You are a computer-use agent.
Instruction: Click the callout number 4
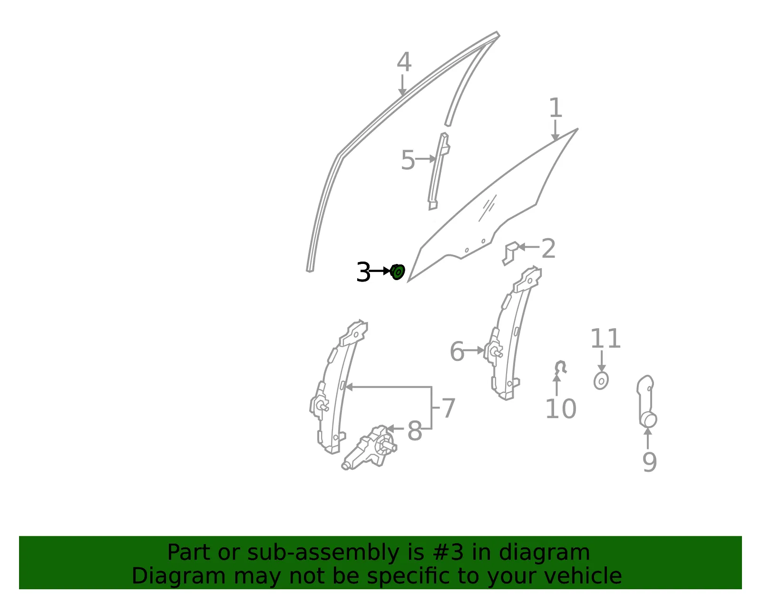point(404,62)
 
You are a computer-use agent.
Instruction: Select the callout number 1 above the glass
point(556,107)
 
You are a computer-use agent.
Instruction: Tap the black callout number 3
point(363,272)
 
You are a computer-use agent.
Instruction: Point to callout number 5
point(408,160)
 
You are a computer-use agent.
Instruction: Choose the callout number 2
point(548,249)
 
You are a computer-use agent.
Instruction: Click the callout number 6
point(457,351)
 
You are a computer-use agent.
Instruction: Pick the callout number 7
point(448,408)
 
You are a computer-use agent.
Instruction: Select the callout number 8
point(415,431)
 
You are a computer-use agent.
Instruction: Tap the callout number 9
point(650,462)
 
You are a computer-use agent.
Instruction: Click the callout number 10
point(561,409)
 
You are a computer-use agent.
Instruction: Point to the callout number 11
point(605,339)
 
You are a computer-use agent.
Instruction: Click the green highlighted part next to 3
point(398,272)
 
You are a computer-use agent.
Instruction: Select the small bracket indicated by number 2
point(511,253)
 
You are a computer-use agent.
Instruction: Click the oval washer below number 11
point(601,381)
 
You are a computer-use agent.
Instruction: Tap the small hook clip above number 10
point(561,367)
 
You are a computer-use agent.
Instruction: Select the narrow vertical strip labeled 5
point(439,171)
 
